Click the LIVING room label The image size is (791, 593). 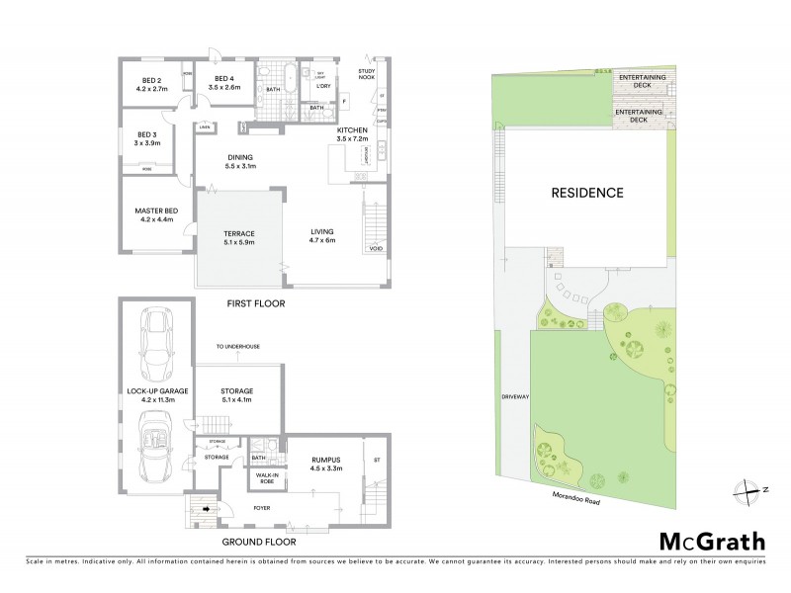(x=323, y=234)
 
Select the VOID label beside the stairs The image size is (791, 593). (x=376, y=248)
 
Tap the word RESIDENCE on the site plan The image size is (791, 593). (x=587, y=193)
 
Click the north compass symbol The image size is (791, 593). (x=745, y=488)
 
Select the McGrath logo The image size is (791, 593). (x=711, y=541)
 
